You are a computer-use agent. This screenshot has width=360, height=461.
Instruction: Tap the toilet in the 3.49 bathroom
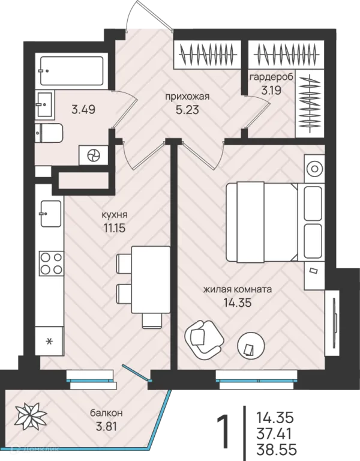coord(49,133)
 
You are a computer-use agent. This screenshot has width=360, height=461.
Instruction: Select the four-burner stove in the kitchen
coord(51,264)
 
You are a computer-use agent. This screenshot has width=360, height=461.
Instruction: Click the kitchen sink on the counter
coord(51,214)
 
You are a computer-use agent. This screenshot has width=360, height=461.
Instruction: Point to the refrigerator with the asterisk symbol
coord(49,341)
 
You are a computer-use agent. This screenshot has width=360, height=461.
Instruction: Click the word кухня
coord(115,215)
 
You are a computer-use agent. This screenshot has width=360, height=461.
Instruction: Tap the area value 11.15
coord(115,228)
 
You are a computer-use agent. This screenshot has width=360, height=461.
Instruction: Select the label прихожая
coord(187,96)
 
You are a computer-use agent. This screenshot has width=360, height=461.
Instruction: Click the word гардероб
coord(271,77)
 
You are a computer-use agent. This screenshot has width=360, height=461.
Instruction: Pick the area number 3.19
coord(271,89)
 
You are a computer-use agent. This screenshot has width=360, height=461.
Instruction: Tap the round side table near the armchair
coord(251,344)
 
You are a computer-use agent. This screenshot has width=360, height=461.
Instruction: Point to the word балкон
coord(106,413)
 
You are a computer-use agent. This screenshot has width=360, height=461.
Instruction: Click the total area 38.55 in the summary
coord(277,450)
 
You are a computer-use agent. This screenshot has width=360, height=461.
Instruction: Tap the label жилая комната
coord(238,289)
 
